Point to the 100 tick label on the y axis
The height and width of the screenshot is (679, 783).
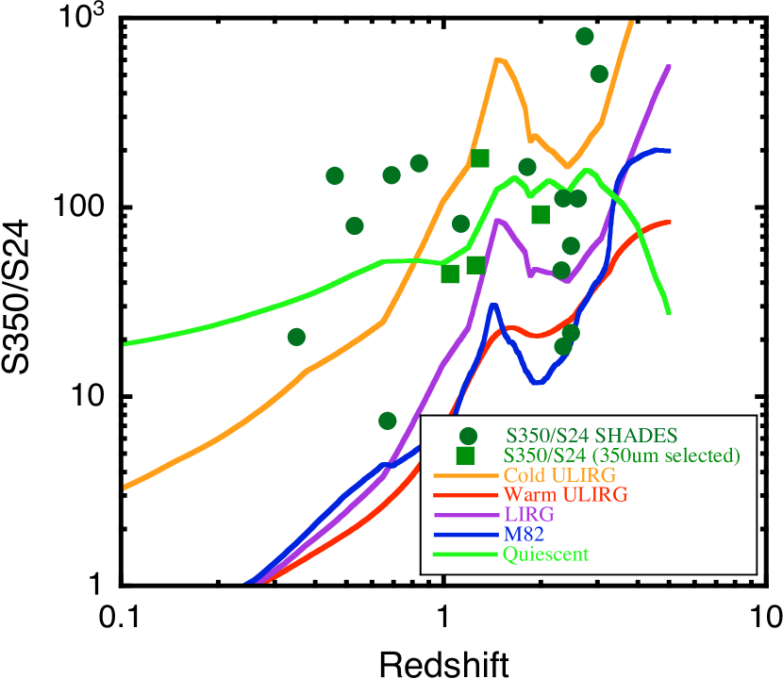click(77, 206)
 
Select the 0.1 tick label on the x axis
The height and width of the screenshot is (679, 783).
click(123, 618)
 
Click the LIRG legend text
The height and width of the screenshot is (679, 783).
click(529, 515)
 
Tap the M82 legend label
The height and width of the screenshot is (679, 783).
click(525, 535)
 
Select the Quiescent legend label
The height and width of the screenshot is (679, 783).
click(546, 555)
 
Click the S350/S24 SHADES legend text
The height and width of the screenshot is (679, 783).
click(591, 436)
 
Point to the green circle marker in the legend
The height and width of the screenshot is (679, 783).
click(467, 436)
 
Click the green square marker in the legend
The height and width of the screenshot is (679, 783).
click(465, 455)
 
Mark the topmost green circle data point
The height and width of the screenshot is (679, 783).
click(585, 36)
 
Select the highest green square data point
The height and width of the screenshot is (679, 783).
click(480, 157)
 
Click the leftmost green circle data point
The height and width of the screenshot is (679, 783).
click(296, 337)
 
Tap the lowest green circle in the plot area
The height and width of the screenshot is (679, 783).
click(387, 420)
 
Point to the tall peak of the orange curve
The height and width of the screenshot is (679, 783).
click(499, 59)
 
